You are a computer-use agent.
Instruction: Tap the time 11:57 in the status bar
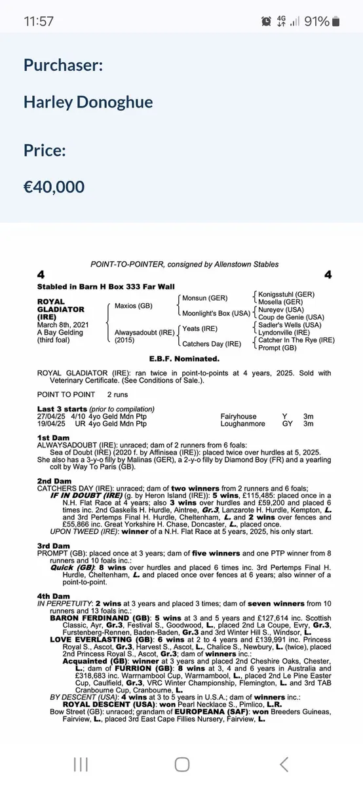[39, 21]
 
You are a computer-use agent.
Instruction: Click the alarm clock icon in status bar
[265, 21]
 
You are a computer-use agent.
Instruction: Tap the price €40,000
[54, 187]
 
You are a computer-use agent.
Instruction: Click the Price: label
[45, 150]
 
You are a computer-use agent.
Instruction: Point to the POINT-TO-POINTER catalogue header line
[184, 264]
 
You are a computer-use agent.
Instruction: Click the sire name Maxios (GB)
[134, 305]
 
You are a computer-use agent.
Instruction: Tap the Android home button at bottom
[182, 764]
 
